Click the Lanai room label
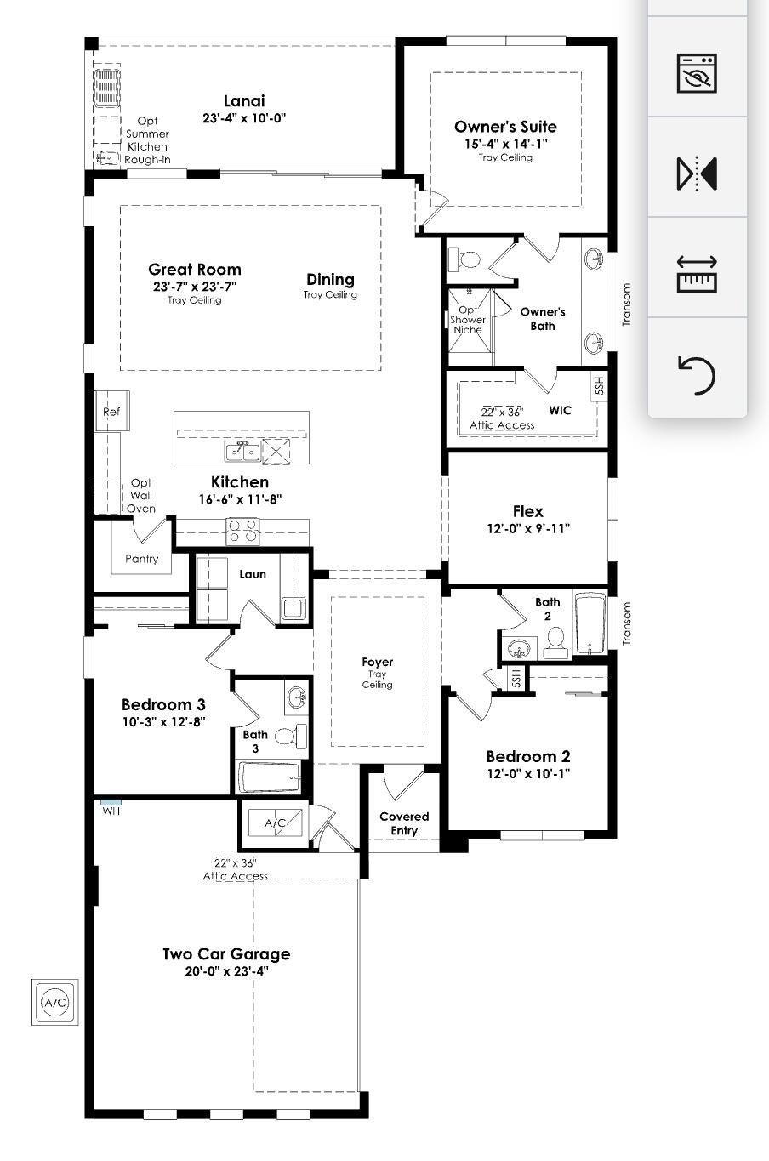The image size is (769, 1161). coord(244,101)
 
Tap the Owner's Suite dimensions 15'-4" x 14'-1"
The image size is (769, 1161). coord(505,144)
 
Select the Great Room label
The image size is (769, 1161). coord(195,270)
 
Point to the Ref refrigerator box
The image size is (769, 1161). coord(111,412)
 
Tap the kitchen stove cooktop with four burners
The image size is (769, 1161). coord(242,531)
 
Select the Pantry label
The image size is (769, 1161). coord(141,559)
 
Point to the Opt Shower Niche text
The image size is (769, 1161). coord(468,320)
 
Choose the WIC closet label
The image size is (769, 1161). coord(560,410)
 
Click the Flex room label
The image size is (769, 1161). coord(527,511)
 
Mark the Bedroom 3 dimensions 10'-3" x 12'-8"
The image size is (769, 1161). coord(163,721)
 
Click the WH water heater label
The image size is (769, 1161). coord(111,811)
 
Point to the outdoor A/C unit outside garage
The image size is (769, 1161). coord(54,1003)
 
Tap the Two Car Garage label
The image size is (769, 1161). coord(226,954)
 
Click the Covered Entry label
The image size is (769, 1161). coord(404,823)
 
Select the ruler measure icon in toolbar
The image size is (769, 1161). coord(697,274)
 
